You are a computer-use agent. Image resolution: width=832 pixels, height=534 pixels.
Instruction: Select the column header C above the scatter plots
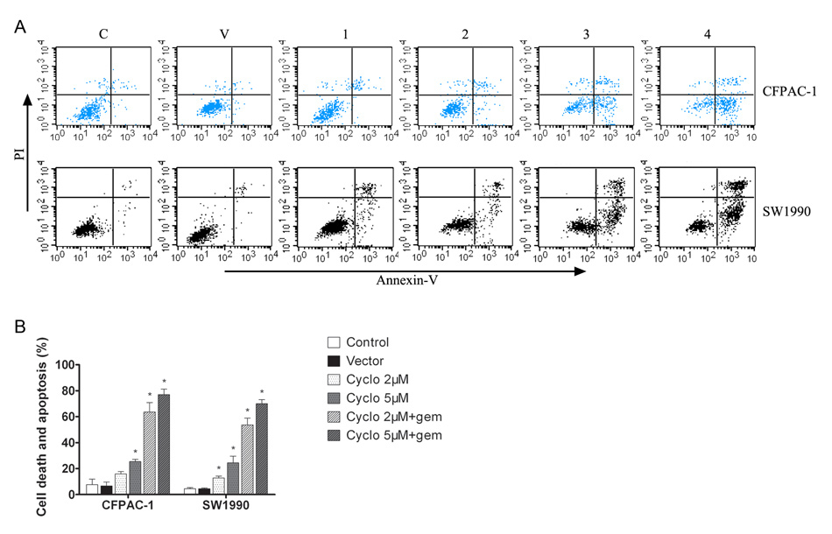tap(104, 37)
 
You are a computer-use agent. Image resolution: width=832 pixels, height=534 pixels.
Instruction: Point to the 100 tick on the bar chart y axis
tap(64, 365)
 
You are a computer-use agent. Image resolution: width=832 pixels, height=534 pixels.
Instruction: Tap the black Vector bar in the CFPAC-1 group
tap(106, 489)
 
